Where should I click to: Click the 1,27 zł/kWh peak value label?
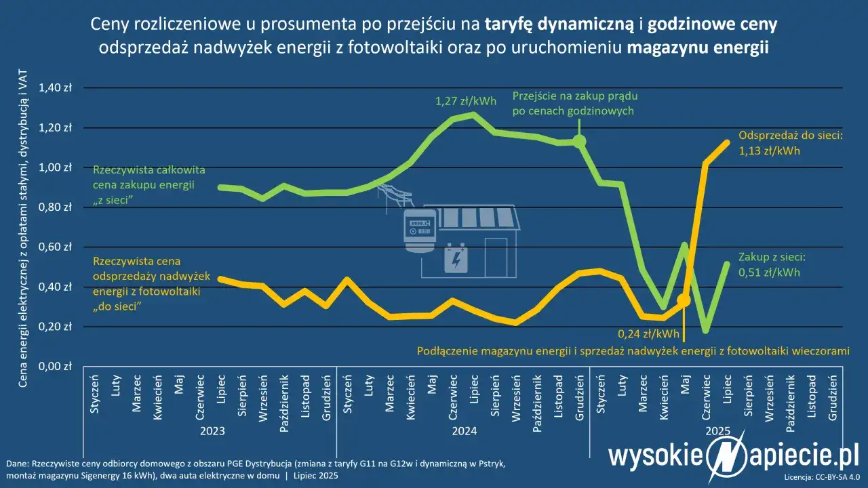(x=465, y=102)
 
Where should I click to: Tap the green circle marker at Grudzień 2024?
(x=579, y=141)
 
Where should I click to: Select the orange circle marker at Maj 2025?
(x=684, y=300)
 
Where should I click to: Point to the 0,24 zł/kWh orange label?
(x=648, y=333)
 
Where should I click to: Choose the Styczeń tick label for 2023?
(x=94, y=390)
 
